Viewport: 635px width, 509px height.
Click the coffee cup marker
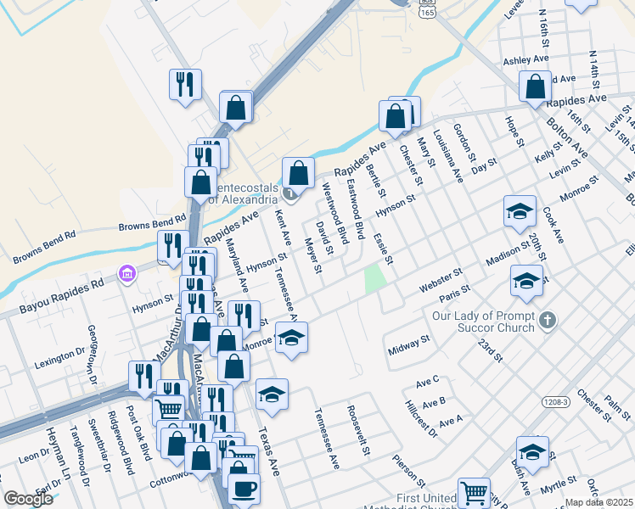pos(244,489)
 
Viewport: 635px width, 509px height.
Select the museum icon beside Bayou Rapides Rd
pos(127,273)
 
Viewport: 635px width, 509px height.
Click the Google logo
pos(27,499)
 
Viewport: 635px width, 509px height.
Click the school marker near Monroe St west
pos(291,338)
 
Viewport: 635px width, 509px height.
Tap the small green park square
pos(375,279)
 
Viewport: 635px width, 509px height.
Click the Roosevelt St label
pos(357,431)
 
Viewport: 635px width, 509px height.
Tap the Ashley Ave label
pos(526,60)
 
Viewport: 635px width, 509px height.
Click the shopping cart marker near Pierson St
pos(474,493)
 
